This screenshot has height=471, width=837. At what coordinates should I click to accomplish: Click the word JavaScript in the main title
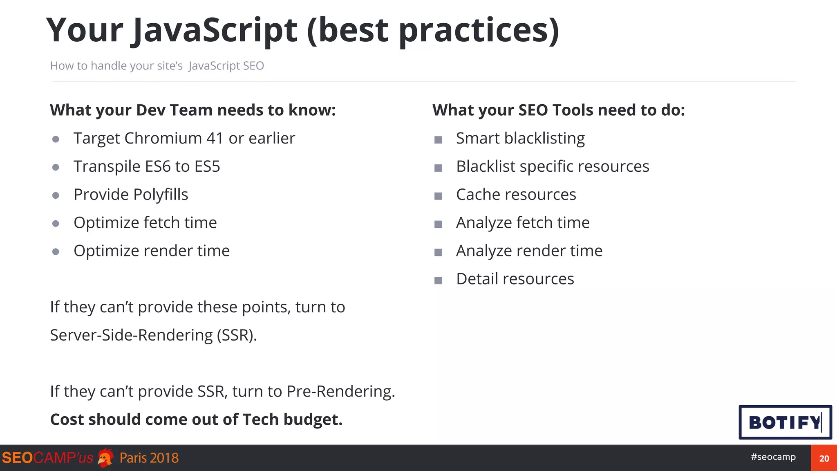click(215, 31)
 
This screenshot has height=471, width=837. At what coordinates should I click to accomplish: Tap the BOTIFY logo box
click(785, 422)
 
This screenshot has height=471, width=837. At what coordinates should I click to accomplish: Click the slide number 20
click(824, 458)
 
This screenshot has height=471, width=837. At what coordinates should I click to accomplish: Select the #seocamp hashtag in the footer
click(773, 457)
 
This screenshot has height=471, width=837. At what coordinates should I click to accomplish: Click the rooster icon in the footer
click(106, 458)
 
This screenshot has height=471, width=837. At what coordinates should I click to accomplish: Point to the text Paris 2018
click(149, 458)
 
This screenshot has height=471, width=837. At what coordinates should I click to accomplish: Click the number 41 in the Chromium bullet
click(215, 138)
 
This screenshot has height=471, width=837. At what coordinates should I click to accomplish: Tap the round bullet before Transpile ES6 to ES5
click(56, 167)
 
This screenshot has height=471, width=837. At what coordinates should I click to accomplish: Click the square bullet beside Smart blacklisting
click(438, 140)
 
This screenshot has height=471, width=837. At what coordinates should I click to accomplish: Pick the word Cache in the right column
click(474, 195)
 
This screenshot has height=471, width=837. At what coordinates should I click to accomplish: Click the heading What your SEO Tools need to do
click(558, 110)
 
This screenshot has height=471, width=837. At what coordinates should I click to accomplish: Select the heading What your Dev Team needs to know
click(192, 110)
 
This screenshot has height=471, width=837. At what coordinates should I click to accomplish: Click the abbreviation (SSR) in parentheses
click(236, 335)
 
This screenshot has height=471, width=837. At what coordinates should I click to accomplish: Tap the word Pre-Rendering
click(340, 391)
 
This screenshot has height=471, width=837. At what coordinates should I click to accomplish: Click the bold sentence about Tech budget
click(196, 419)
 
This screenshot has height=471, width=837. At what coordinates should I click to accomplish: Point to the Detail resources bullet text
click(515, 279)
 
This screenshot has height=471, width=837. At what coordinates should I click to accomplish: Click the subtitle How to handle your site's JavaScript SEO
click(157, 66)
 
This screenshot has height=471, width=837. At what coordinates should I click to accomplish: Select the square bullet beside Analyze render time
click(438, 252)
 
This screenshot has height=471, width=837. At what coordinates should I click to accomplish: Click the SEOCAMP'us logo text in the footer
click(47, 458)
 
